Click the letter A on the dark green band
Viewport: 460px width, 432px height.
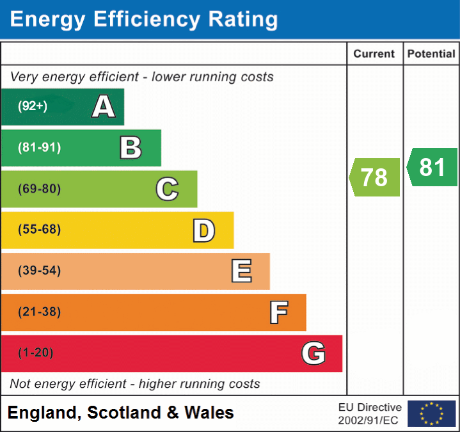click(103, 107)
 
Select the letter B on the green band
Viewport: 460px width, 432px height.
click(131, 148)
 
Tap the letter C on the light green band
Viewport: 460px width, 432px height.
click(167, 189)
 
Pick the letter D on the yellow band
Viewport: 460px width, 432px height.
click(203, 230)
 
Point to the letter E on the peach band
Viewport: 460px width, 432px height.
click(241, 271)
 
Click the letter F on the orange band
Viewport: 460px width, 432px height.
click(278, 313)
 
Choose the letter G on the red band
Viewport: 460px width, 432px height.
click(313, 353)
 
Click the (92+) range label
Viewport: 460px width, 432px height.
click(33, 106)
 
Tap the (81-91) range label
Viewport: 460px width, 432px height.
click(39, 148)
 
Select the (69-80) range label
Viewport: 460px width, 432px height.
click(39, 189)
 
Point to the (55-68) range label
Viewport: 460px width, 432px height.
click(39, 230)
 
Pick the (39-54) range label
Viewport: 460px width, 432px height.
click(39, 271)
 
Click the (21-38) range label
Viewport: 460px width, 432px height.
click(39, 312)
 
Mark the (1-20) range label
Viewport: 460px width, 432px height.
click(36, 353)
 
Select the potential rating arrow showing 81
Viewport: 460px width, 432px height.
click(432, 167)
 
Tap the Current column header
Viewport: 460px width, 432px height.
click(374, 54)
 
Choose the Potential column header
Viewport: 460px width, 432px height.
click(431, 54)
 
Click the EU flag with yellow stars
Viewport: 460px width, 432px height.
click(431, 413)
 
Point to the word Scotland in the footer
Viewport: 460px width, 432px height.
click(124, 413)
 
